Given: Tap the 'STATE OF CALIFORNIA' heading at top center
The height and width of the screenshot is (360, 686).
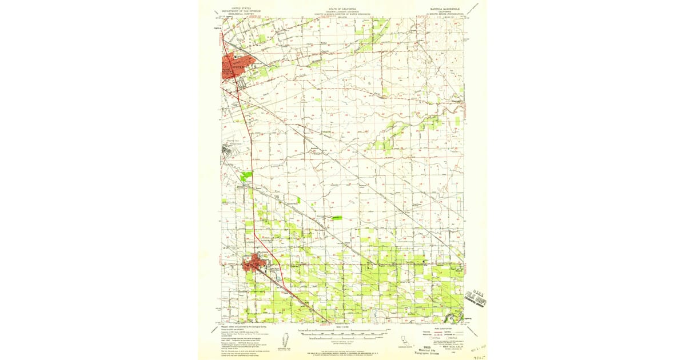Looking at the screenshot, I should pos(342,9).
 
